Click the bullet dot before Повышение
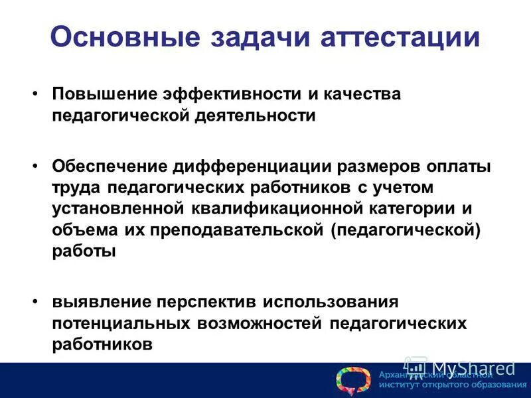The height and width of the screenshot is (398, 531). pos(36,94)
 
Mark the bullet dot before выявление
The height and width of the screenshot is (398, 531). pos(36,302)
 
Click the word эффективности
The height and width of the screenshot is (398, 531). pos(235,94)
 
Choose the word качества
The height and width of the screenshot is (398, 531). pos(362,94)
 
